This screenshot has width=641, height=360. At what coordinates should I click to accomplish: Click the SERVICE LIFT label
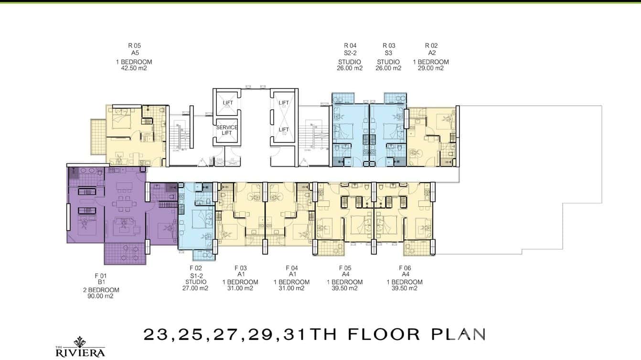227,130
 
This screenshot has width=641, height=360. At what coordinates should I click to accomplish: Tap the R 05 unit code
134,46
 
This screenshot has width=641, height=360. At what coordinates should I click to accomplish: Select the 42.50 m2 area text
134,68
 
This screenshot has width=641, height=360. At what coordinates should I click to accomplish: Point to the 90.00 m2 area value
101,296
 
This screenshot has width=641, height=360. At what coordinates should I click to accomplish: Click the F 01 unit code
101,275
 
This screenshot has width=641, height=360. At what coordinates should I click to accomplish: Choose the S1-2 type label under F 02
196,275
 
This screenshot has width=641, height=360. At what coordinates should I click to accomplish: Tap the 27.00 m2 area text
196,288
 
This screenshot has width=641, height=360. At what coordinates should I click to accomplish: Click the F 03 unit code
240,268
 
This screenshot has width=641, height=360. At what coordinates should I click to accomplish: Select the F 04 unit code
291,268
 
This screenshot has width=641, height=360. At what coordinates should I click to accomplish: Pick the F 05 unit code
345,268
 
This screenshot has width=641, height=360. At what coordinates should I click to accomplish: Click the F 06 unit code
405,268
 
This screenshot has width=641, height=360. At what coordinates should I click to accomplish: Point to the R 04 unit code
350,46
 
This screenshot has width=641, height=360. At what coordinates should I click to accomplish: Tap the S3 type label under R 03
389,53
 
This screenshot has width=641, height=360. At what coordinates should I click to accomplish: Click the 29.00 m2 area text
431,68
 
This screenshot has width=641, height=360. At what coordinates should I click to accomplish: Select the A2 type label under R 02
431,53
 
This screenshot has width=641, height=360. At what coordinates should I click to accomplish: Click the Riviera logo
80,348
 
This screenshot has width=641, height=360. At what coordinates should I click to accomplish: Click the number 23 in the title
156,334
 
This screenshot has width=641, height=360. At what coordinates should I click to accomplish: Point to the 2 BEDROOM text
101,290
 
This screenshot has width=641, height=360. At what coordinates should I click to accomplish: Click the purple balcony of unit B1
124,254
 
